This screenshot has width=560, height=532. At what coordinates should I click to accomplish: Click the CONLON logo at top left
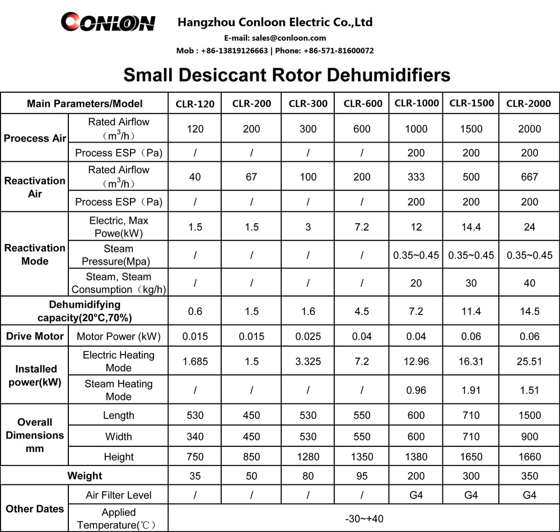pyautogui.click(x=108, y=23)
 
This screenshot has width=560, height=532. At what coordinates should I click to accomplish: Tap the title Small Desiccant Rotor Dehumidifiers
pyautogui.click(x=287, y=74)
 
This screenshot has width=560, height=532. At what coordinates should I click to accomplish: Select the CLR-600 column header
pyautogui.click(x=362, y=103)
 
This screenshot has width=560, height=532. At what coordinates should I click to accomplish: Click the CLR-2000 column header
pyautogui.click(x=529, y=103)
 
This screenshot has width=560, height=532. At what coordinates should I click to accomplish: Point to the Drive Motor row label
pyautogui.click(x=35, y=336)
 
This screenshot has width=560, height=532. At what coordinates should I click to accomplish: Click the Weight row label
pyautogui.click(x=85, y=476)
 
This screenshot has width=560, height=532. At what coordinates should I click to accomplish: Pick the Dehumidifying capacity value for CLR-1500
pyautogui.click(x=471, y=312)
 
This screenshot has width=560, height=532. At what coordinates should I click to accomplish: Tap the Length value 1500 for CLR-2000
pyautogui.click(x=529, y=415)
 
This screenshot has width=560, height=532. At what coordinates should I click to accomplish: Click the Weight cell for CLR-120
pyautogui.click(x=195, y=476)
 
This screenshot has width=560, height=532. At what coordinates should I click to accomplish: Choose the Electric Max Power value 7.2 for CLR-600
pyautogui.click(x=362, y=227)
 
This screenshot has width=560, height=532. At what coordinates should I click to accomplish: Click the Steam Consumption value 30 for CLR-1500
pyautogui.click(x=471, y=284)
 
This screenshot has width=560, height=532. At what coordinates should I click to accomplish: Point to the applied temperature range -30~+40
pyautogui.click(x=363, y=519)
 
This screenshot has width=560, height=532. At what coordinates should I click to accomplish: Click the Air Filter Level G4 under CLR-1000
pyautogui.click(x=416, y=495)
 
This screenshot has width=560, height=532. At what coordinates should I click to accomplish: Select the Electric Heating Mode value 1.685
pyautogui.click(x=195, y=361)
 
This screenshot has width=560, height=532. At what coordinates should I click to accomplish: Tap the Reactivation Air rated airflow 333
pyautogui.click(x=416, y=177)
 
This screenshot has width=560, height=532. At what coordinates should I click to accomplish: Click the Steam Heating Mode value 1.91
pyautogui.click(x=471, y=390)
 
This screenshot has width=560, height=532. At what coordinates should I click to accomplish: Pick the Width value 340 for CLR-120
pyautogui.click(x=195, y=436)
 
